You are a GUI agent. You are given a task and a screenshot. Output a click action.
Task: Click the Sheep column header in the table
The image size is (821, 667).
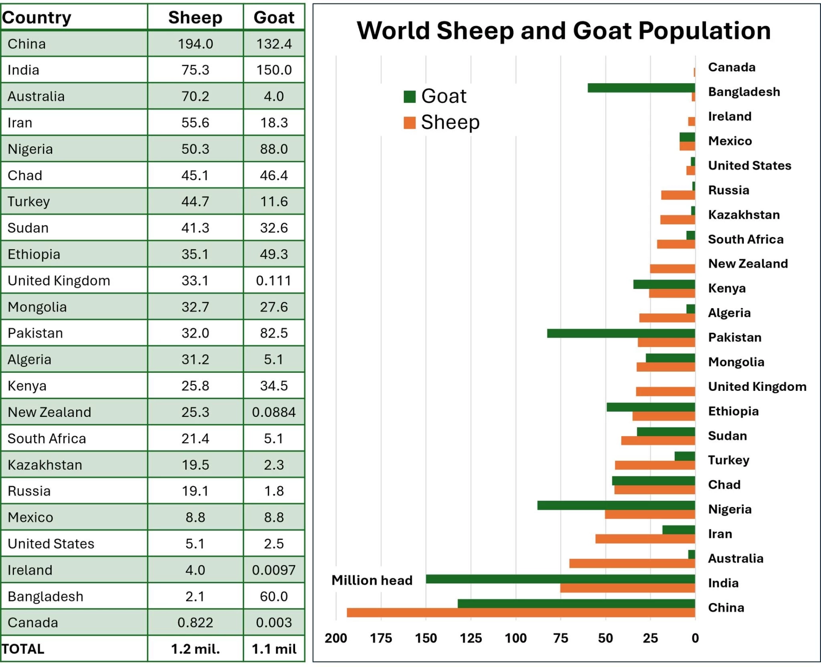point(195,18)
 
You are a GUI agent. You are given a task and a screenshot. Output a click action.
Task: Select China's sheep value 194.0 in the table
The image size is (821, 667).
point(195,44)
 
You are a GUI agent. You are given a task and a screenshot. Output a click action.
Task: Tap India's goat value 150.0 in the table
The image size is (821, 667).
point(274,70)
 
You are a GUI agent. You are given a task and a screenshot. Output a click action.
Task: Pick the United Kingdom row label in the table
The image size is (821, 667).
point(59,281)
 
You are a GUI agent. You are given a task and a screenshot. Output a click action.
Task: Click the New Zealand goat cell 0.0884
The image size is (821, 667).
point(274,412)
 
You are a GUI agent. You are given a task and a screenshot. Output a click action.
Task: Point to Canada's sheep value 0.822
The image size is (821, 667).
point(195,623)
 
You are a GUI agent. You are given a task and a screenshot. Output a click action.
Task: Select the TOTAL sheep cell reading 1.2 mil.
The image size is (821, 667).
point(195,649)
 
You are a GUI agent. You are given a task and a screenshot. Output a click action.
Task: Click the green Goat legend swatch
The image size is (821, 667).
point(410,97)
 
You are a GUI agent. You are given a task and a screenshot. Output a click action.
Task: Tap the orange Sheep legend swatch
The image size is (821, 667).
point(410,123)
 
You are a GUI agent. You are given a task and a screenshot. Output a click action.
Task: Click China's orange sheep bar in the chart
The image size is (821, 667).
point(521,613)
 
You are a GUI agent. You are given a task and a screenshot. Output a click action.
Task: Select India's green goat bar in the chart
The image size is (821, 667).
point(561,579)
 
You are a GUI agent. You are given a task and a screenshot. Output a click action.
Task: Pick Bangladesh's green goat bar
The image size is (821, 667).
point(641,88)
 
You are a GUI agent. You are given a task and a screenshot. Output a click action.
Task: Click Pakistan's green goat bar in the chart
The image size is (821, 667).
point(621,333)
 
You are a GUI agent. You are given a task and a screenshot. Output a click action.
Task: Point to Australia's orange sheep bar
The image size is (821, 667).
point(632,564)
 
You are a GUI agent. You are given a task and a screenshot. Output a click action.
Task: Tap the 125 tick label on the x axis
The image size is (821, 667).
point(471,638)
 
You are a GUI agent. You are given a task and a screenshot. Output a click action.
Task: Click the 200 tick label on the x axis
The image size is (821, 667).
point(336,638)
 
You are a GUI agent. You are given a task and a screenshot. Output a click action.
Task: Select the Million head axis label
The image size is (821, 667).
point(372,580)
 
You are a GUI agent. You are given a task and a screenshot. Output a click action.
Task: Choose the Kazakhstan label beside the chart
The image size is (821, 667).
point(744,215)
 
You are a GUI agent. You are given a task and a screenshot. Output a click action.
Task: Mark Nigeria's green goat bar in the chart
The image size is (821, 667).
point(616,505)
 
